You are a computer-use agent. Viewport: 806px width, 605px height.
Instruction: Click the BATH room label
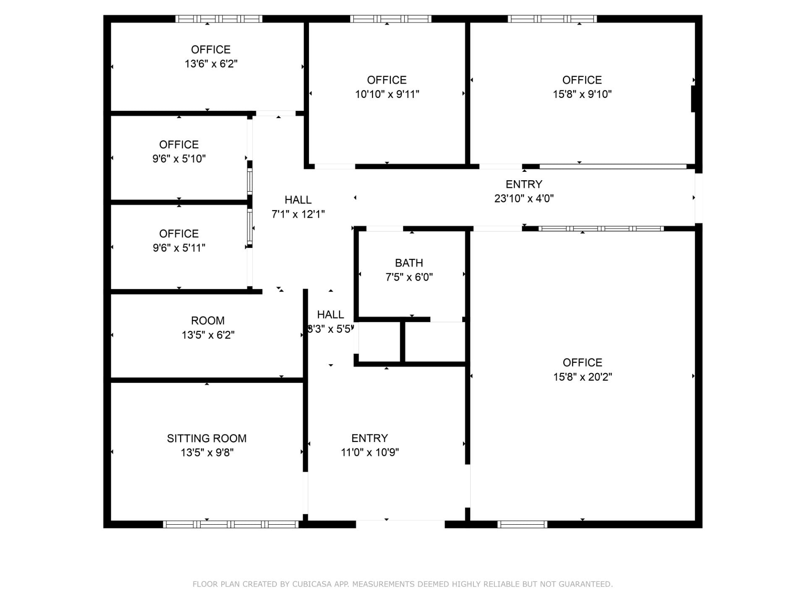tap(409, 263)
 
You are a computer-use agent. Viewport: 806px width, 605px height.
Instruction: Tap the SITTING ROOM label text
tap(207, 438)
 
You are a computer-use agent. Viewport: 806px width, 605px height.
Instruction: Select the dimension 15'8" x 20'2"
tap(582, 377)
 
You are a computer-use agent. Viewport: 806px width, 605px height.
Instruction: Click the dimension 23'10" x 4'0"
tap(523, 198)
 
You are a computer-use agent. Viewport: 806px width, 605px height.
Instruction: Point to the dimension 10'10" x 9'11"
tap(387, 94)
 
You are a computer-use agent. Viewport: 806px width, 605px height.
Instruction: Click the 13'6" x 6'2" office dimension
tap(211, 64)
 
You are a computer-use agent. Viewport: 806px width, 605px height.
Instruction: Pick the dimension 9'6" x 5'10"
tap(179, 159)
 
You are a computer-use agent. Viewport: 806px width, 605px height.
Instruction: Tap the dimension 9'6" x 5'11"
tap(179, 248)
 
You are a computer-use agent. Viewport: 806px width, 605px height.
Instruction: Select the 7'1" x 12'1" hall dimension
tap(298, 214)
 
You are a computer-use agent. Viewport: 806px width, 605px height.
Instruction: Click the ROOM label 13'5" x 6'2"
tap(207, 321)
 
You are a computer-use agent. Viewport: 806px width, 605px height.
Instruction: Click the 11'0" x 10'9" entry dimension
tap(369, 452)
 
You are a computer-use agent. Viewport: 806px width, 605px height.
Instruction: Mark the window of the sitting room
tap(230, 524)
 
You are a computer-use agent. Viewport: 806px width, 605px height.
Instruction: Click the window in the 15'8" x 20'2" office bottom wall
tap(522, 524)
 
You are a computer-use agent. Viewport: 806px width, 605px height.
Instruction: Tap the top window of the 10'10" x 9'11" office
tap(390, 19)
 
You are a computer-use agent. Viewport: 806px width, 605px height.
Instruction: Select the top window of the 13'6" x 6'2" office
tap(218, 19)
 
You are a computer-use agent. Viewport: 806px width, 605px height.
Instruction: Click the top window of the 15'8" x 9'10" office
tap(552, 19)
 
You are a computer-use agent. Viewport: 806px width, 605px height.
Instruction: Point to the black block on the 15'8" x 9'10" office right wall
tap(693, 99)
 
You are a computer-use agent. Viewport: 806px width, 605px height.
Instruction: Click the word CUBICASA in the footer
tap(312, 584)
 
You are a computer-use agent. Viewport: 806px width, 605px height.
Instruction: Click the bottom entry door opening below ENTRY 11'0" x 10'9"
tap(400, 524)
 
